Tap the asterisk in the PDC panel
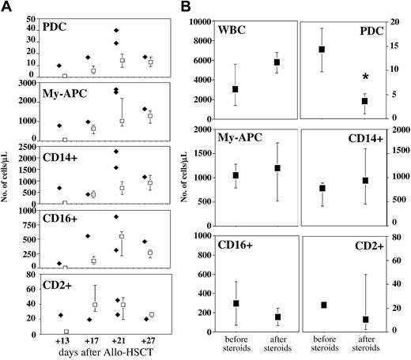(x=365, y=77)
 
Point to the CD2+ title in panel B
(x=364, y=246)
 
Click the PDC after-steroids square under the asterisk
(x=365, y=101)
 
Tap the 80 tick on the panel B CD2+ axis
(x=395, y=235)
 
